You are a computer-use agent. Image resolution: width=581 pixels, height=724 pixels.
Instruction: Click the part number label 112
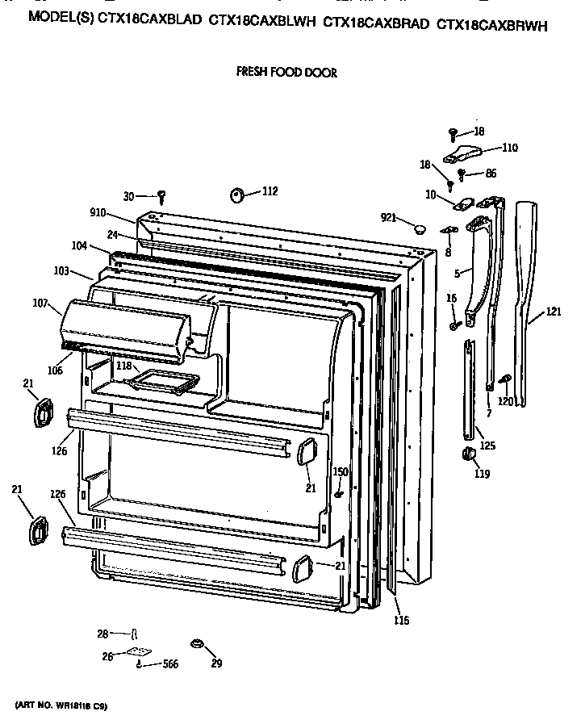pos(270,191)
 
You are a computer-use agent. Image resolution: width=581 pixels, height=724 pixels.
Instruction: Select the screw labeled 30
pos(162,195)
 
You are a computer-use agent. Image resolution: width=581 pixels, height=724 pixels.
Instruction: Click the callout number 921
pos(391,218)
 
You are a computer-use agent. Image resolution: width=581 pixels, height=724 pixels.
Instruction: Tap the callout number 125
pos(488,445)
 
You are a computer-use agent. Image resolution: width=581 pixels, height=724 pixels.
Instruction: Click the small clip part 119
pos(466,456)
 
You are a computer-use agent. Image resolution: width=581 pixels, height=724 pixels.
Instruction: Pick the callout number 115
pos(401,620)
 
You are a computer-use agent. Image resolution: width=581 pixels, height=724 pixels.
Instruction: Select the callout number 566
pos(168,664)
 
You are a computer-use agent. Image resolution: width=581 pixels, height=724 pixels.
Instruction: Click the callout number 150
pos(341,471)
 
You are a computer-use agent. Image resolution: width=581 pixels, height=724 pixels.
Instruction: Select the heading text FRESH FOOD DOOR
pos(286,72)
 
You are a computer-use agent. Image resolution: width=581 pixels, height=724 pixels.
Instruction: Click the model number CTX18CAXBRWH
pos(491,25)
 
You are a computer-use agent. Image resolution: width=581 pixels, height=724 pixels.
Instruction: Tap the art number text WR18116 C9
pos(78,706)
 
